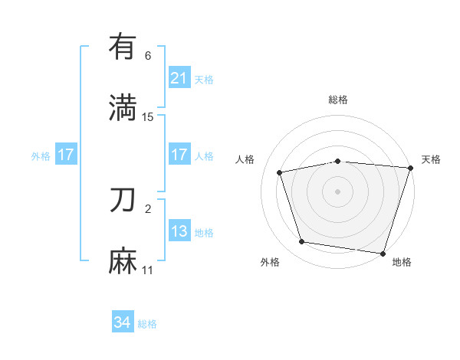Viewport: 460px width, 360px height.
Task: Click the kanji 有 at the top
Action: click(x=123, y=47)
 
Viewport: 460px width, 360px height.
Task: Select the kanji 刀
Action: click(x=123, y=201)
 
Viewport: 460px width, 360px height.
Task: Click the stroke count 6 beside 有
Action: click(x=148, y=56)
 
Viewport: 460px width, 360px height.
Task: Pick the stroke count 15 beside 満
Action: click(x=148, y=117)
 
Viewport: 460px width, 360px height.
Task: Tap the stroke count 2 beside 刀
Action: click(x=148, y=208)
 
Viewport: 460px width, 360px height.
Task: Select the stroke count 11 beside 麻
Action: click(x=148, y=270)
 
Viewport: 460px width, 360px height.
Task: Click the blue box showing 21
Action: click(x=179, y=78)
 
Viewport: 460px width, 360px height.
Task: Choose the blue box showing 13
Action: click(x=179, y=231)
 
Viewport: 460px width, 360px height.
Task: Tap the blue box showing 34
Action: click(x=122, y=323)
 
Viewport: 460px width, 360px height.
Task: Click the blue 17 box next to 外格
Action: click(x=65, y=155)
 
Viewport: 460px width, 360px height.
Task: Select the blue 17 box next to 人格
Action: click(x=179, y=155)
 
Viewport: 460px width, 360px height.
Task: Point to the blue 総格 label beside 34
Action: click(x=147, y=324)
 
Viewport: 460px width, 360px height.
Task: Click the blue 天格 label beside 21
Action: click(x=204, y=79)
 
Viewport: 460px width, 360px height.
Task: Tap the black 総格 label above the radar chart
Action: click(x=338, y=100)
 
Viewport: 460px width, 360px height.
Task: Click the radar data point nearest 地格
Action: click(x=383, y=253)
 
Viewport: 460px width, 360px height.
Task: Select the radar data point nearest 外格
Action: click(x=302, y=242)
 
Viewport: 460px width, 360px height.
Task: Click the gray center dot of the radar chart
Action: click(x=338, y=191)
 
